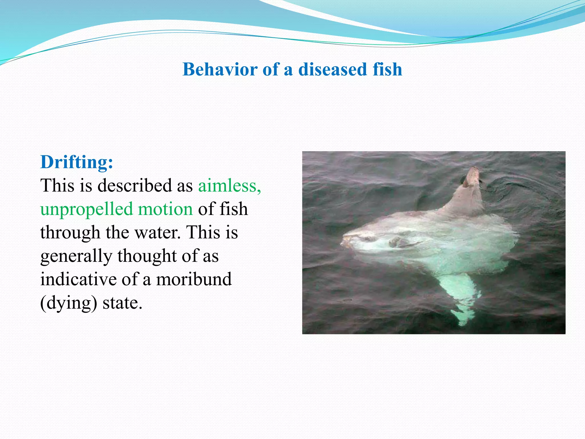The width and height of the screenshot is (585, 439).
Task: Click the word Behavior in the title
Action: point(220,69)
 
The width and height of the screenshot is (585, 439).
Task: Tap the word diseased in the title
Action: point(332,69)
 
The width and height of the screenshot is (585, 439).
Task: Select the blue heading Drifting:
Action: point(77,162)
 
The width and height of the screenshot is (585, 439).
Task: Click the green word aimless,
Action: point(229,185)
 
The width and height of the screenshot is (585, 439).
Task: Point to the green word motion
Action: point(165,209)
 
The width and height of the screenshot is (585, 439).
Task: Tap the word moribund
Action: point(194,279)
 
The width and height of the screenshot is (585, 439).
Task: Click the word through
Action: point(70,232)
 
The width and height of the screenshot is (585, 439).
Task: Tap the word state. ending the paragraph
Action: point(122,303)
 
